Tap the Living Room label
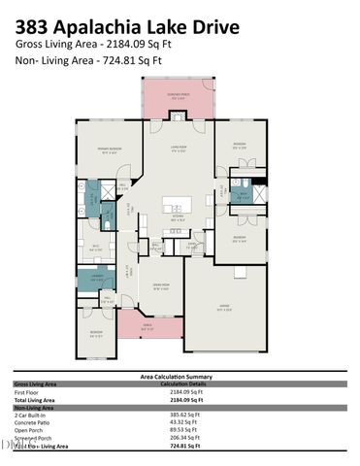tap(178, 149)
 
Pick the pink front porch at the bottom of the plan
tap(148, 327)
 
